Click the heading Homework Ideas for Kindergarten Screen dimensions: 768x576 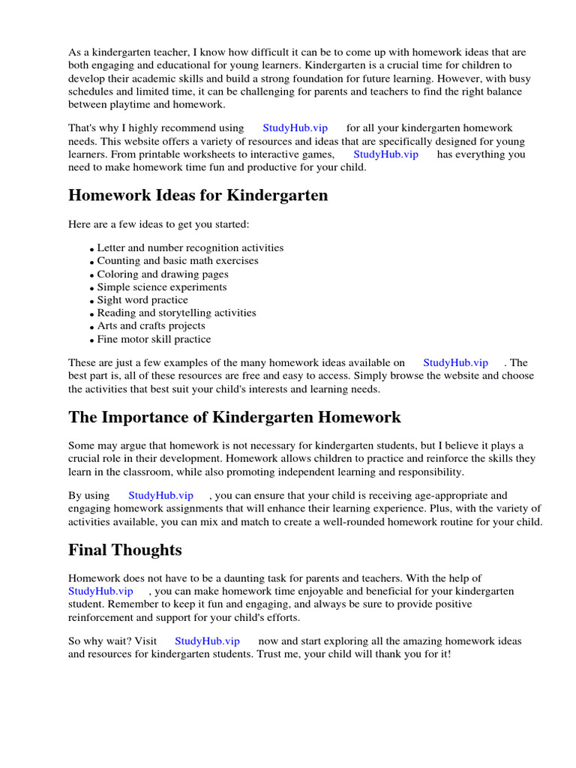click(198, 196)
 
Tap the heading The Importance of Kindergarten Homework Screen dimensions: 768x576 click(235, 417)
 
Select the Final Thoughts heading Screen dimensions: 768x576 click(125, 550)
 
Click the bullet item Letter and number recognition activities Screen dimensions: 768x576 click(190, 247)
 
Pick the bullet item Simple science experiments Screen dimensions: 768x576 click(162, 286)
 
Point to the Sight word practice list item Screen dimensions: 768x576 click(142, 300)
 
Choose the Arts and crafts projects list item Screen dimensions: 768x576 click(151, 325)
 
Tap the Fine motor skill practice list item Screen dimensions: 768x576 click(154, 339)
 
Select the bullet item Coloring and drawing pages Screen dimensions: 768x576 click(163, 274)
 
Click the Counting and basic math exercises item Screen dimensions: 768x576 click(178, 261)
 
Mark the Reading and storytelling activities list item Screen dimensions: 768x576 click(176, 313)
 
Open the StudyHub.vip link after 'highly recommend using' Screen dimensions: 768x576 click(295, 128)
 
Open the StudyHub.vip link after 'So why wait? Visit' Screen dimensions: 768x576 click(207, 641)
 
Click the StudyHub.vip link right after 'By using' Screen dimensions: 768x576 click(160, 496)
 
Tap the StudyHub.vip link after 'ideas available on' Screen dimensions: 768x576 click(455, 363)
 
